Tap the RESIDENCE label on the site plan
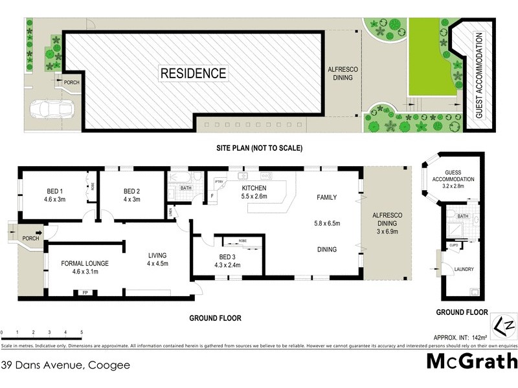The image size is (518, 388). point(194,74)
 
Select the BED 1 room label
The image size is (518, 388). point(54,195)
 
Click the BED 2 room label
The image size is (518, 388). point(132,195)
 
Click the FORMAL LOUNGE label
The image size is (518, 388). point(84,268)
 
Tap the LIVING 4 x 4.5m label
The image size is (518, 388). point(157,259)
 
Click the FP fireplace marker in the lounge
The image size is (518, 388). point(85,293)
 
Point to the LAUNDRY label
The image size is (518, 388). point(464,270)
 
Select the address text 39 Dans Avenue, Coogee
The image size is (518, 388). point(65,365)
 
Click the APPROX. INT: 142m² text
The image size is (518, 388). point(459,338)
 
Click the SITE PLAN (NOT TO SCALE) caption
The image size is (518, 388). point(259,148)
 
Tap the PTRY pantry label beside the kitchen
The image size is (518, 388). point(218,182)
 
